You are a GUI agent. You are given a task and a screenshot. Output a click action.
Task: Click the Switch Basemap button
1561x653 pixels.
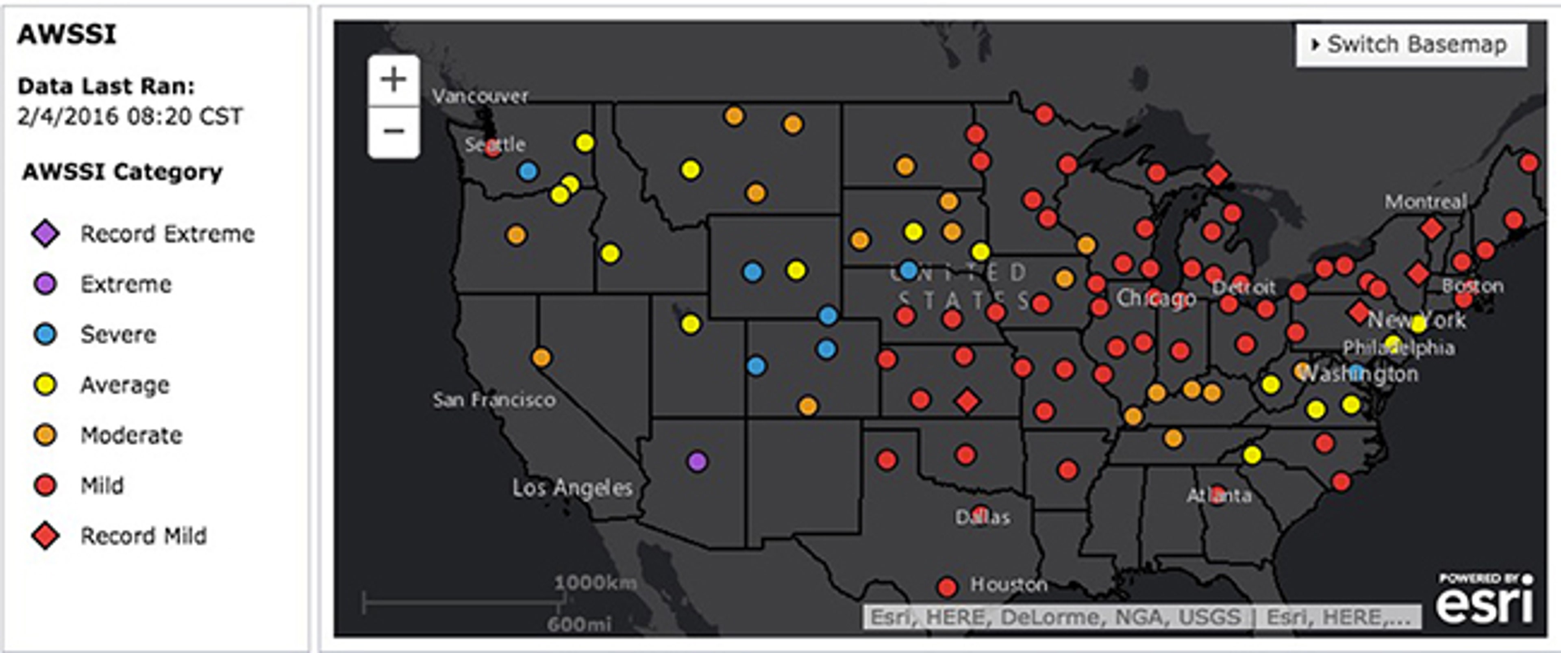pos(1411,45)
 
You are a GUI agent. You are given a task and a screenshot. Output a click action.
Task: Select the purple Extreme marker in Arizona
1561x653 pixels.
pos(698,462)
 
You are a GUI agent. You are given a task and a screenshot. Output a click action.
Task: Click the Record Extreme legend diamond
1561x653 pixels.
pos(46,234)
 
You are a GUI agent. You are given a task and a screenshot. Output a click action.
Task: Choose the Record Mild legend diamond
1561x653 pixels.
pos(46,536)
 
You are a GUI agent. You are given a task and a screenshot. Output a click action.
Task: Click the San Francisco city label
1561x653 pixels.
pos(494,400)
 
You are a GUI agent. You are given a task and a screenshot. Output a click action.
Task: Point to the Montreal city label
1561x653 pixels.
pos(1425,202)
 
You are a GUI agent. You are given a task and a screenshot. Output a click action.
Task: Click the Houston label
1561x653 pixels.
pos(1009,585)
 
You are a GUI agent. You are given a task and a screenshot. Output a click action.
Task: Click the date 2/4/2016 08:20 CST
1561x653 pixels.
pos(130,116)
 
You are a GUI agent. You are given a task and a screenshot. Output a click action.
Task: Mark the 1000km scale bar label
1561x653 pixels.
pos(595,583)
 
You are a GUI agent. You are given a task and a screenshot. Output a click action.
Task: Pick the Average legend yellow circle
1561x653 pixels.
pos(46,385)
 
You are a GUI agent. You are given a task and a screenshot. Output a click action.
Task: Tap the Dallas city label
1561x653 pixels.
pos(982,517)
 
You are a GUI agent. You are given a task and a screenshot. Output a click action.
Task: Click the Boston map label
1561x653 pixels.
pos(1472,286)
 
